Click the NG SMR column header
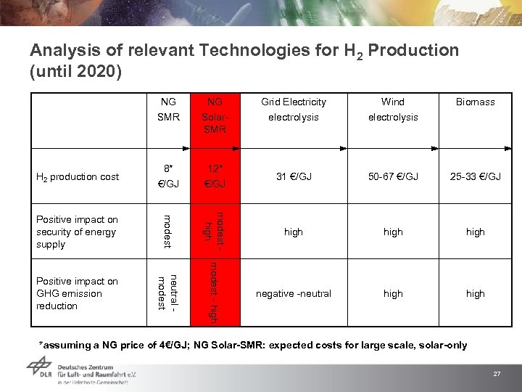(168, 109)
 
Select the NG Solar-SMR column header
(215, 115)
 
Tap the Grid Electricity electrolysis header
(294, 109)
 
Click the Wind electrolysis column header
(393, 109)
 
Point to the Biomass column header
(475, 102)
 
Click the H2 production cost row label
(78, 177)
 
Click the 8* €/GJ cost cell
(168, 177)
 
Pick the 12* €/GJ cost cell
(215, 177)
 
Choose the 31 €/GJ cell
(294, 177)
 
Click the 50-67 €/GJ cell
(393, 177)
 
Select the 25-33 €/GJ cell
(475, 177)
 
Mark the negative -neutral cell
(294, 293)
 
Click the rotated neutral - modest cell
(167, 293)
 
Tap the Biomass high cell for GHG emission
(475, 293)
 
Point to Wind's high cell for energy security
(393, 232)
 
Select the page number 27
(497, 374)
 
